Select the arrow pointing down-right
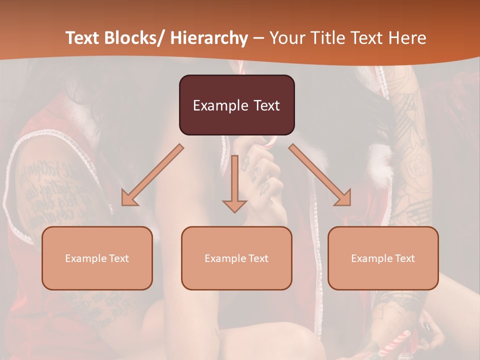pos(320,175)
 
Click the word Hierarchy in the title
pos(209,38)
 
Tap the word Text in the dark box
pos(265,105)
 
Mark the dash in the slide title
pos(258,38)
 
